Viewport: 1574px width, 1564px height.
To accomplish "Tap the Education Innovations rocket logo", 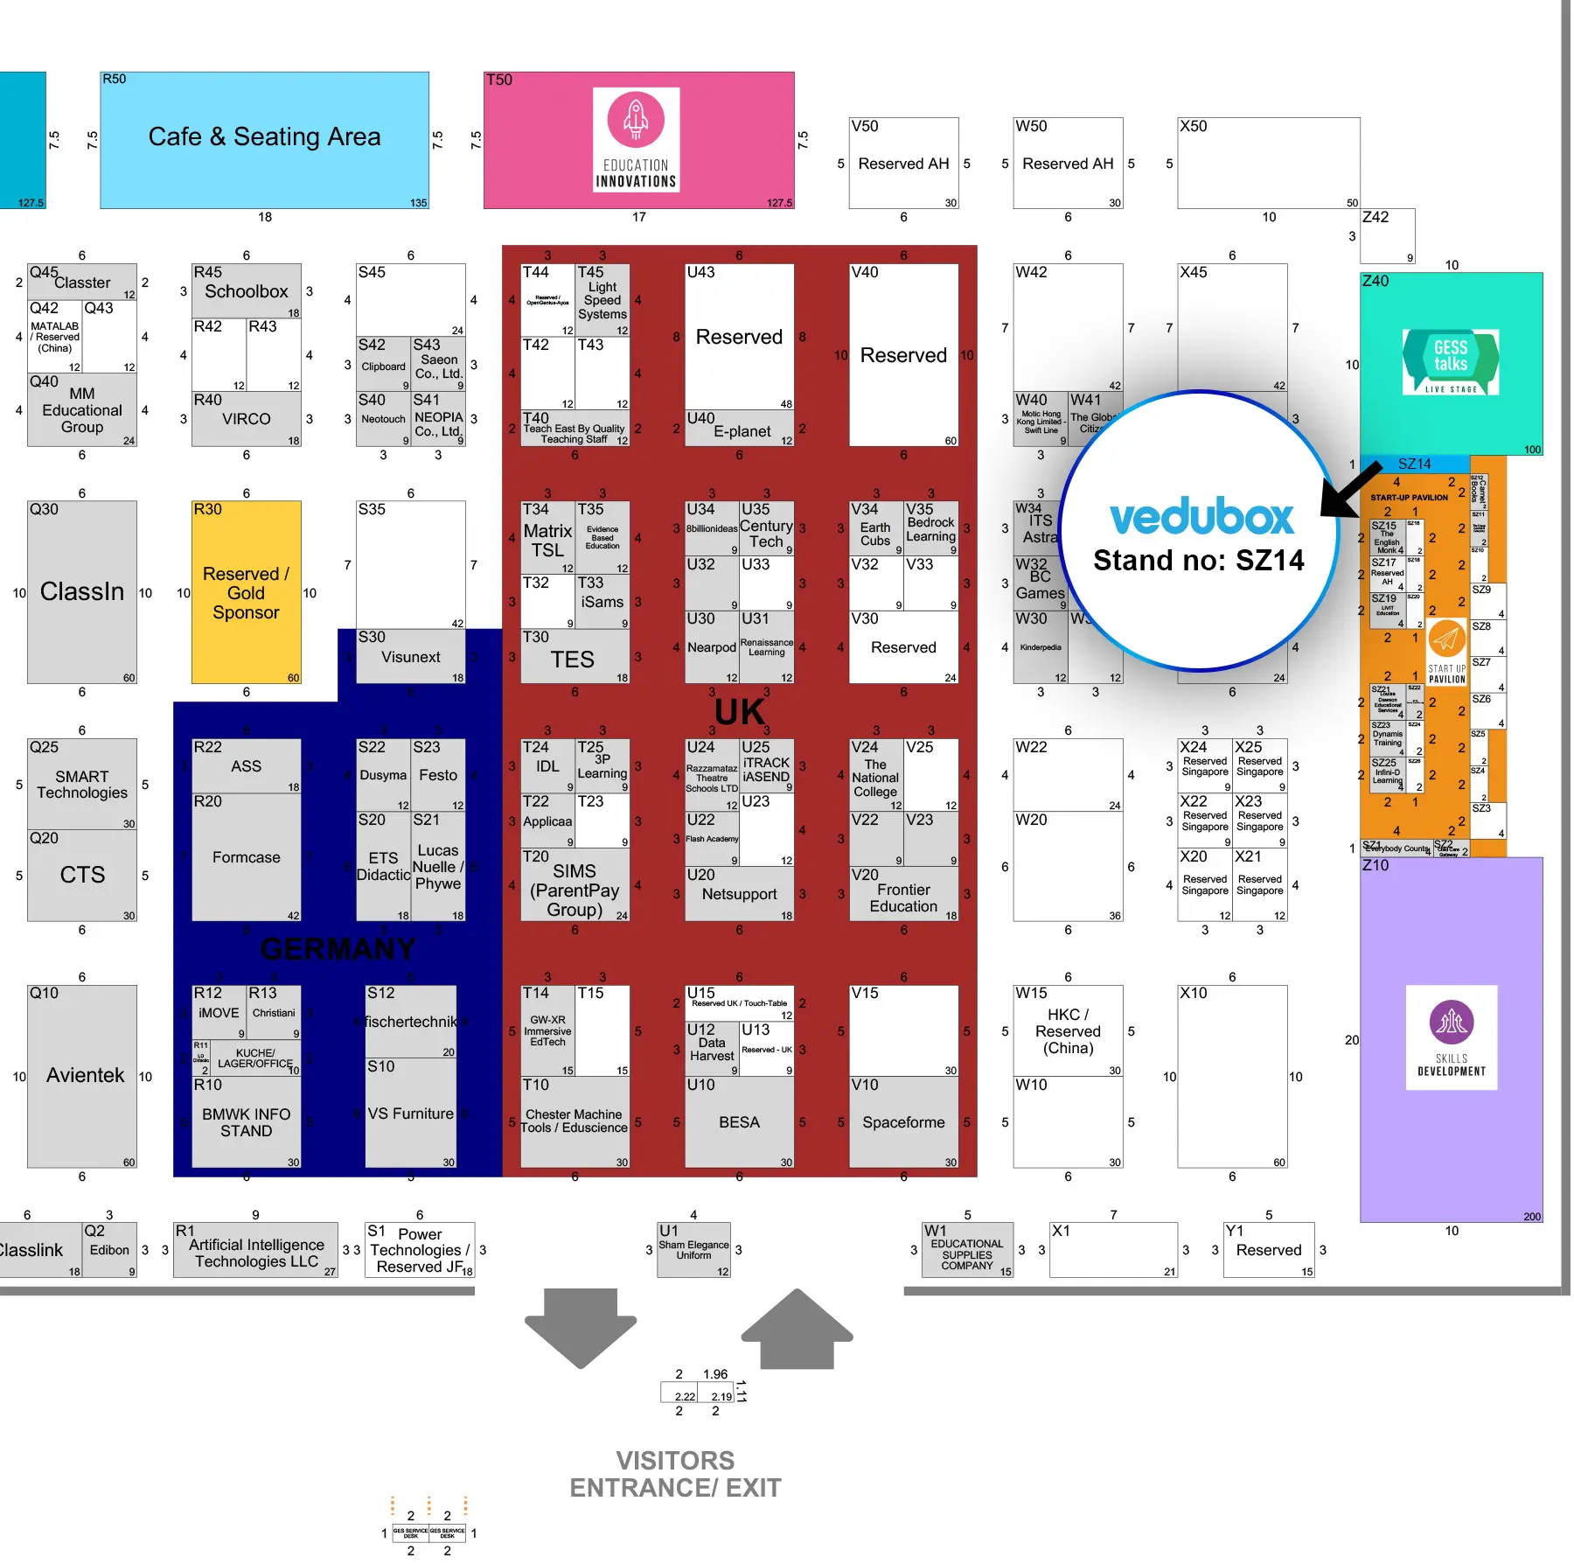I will point(636,121).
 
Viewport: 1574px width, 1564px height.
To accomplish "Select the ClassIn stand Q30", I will point(82,592).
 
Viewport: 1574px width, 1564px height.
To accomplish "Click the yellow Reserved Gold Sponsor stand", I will point(246,592).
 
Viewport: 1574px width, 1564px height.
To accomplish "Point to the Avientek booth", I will point(82,1076).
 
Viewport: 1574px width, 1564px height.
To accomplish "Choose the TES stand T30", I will point(574,659).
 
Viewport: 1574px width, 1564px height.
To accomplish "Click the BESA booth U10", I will point(739,1122).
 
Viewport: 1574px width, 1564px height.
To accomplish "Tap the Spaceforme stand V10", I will point(903,1122).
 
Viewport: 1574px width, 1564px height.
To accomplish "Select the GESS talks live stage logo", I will point(1451,361).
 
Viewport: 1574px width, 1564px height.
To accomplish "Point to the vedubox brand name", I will point(1201,518).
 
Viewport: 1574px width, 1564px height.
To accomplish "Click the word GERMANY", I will point(338,949).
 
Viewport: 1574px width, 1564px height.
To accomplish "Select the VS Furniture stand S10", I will point(410,1114).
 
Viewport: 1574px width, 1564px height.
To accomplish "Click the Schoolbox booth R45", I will point(246,291).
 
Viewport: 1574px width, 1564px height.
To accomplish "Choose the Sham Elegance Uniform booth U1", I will point(693,1250).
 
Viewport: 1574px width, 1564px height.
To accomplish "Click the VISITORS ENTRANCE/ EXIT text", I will point(675,1474).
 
